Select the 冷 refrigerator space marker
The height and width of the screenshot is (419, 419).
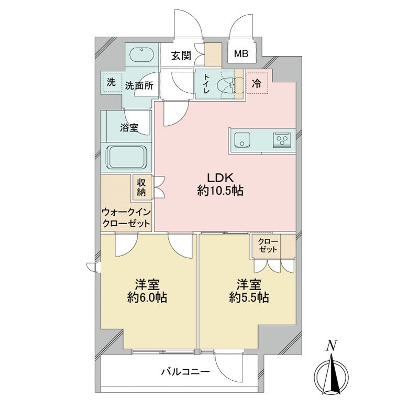tap(257, 82)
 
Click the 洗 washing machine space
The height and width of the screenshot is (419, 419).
tap(111, 82)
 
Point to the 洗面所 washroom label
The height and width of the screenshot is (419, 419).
tap(139, 86)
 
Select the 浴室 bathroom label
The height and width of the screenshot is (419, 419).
tap(128, 127)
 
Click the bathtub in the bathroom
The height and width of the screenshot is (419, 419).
tap(128, 157)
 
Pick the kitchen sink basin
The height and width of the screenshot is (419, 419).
tap(242, 140)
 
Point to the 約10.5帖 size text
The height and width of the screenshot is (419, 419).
tap(220, 192)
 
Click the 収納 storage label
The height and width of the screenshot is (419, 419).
tap(141, 187)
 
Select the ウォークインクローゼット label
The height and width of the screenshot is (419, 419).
tap(126, 217)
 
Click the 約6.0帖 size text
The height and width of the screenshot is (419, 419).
tap(147, 298)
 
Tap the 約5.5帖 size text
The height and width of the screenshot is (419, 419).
tap(249, 298)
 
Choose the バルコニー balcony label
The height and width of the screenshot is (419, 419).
tap(185, 372)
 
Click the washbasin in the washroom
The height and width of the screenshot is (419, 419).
tap(141, 54)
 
